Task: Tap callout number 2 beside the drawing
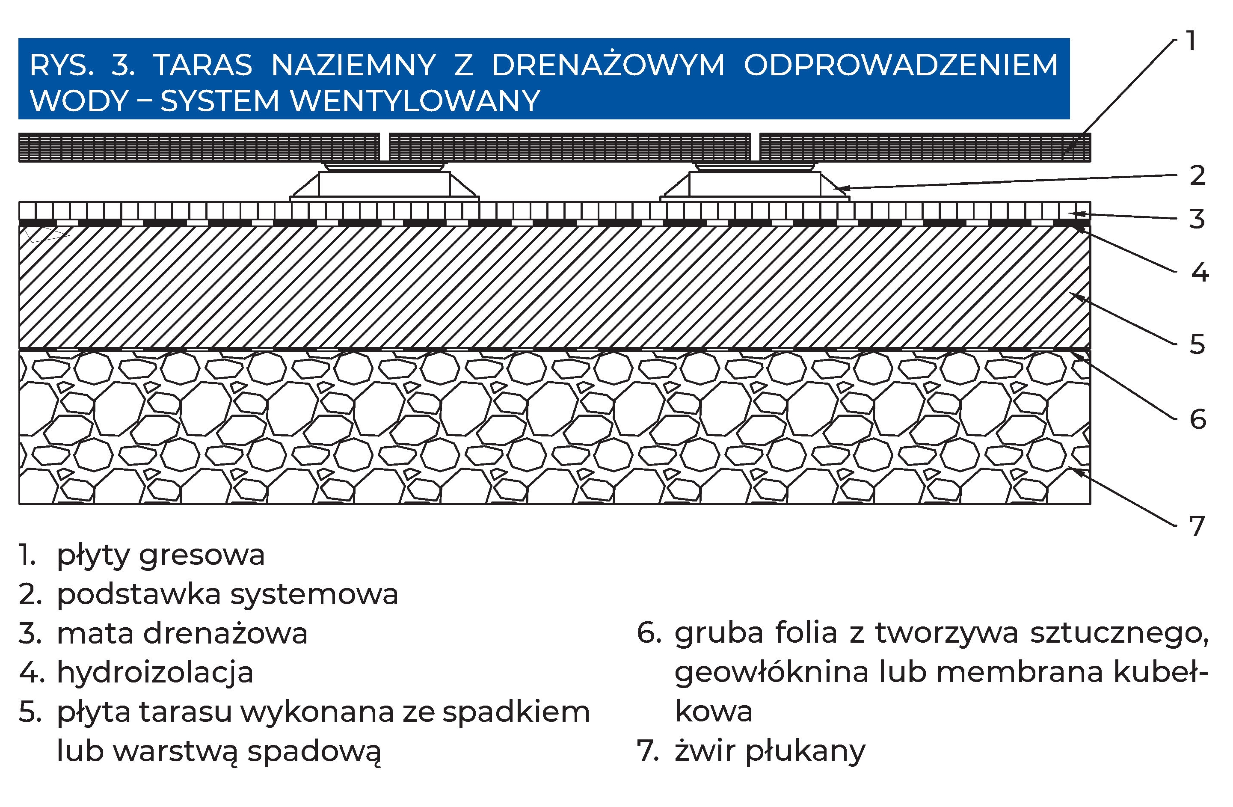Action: point(1197,176)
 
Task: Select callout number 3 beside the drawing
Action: point(1197,219)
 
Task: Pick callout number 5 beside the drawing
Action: point(1197,345)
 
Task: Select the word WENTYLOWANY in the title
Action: point(416,101)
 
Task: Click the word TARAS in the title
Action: point(202,65)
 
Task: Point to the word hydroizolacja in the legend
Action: point(155,673)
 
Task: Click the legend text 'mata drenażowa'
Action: point(182,633)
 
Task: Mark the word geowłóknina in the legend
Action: point(771,673)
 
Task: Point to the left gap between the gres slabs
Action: point(384,147)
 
